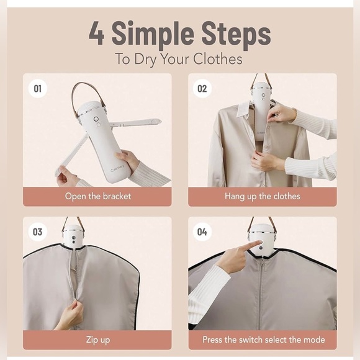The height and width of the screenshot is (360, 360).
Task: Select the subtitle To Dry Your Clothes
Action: [179, 60]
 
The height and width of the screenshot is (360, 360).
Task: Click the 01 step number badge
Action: [37, 89]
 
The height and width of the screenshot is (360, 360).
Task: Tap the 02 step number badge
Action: [202, 89]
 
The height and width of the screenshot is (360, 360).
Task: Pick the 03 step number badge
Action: [37, 232]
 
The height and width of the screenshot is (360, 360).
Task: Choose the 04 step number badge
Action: [202, 232]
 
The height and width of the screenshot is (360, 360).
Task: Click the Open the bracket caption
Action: [97, 197]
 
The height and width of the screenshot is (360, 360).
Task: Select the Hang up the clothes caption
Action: [263, 197]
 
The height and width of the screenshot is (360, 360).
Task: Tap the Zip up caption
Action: [97, 340]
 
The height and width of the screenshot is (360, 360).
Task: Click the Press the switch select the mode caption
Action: [263, 340]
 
